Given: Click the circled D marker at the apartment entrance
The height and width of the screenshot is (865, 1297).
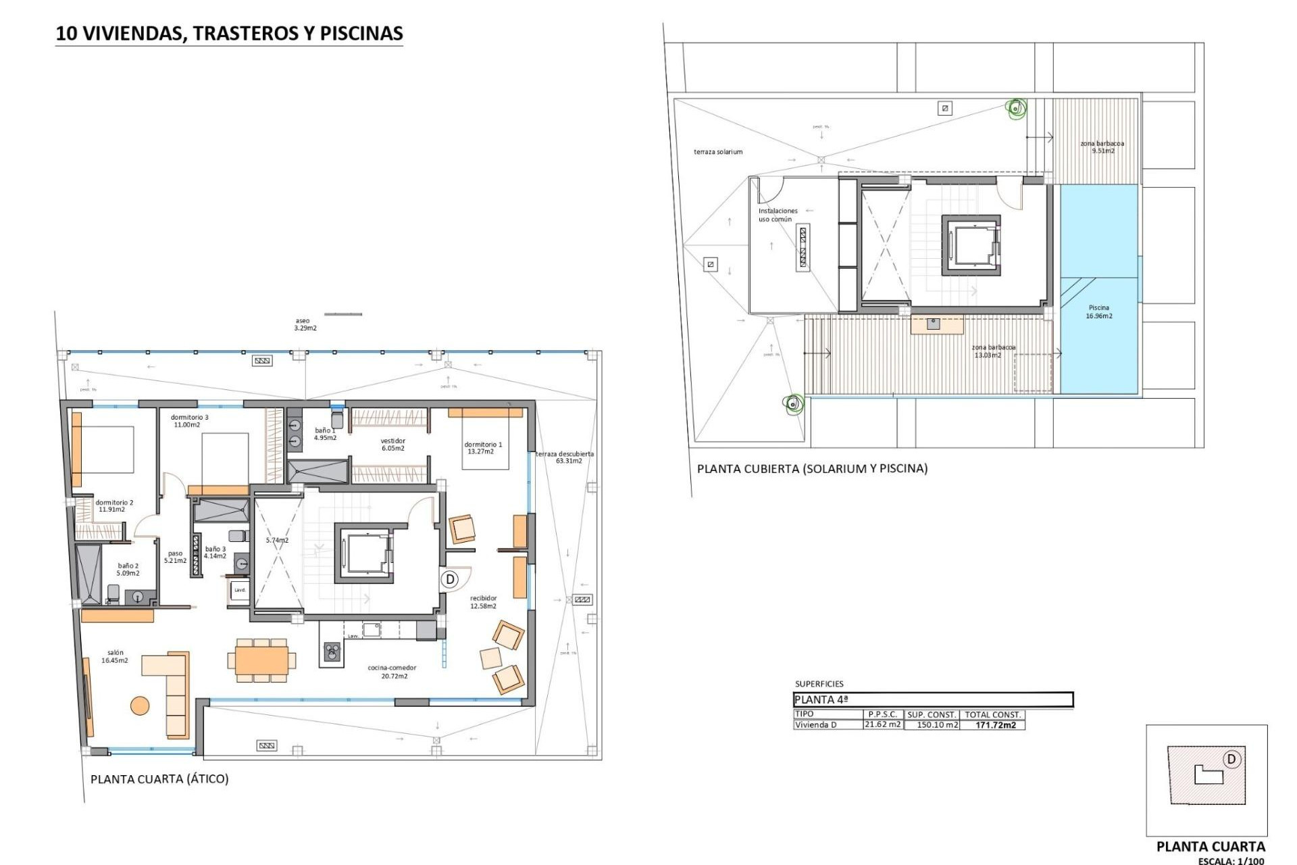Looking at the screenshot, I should [x=450, y=579].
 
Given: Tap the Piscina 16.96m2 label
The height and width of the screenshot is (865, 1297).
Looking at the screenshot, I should [x=1098, y=312].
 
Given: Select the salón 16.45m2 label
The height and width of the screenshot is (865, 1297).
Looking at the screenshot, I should [x=115, y=656].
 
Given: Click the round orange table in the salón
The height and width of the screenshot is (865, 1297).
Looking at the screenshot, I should [x=140, y=706].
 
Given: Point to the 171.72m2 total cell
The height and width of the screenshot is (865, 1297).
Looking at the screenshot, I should [x=996, y=725].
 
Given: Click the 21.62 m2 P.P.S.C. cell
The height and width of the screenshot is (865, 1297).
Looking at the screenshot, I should [x=883, y=724].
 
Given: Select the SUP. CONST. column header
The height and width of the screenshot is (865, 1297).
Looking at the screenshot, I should [x=932, y=714].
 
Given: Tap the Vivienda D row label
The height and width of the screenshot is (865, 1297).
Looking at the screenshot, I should [x=815, y=725].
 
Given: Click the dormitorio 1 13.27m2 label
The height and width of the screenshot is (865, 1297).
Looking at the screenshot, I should [x=483, y=448].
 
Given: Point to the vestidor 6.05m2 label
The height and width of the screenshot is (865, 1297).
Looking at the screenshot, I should [x=392, y=444].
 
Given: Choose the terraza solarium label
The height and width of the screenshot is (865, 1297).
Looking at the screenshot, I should [x=717, y=152].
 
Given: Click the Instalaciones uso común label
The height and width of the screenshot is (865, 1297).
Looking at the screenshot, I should [x=777, y=215].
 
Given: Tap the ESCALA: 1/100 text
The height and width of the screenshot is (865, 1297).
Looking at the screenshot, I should [x=1231, y=861].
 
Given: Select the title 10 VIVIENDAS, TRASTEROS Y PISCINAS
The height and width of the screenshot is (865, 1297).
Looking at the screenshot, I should [x=229, y=33].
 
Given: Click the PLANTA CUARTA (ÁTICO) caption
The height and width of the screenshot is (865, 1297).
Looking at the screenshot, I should [x=159, y=778].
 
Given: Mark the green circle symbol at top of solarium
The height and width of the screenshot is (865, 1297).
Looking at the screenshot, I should [x=1015, y=107].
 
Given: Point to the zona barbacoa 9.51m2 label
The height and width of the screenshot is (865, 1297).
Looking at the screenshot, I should [x=1102, y=147].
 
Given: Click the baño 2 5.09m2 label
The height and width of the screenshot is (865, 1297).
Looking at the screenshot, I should [x=128, y=569].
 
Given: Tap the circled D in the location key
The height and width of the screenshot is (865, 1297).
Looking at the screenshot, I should [x=1231, y=759].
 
